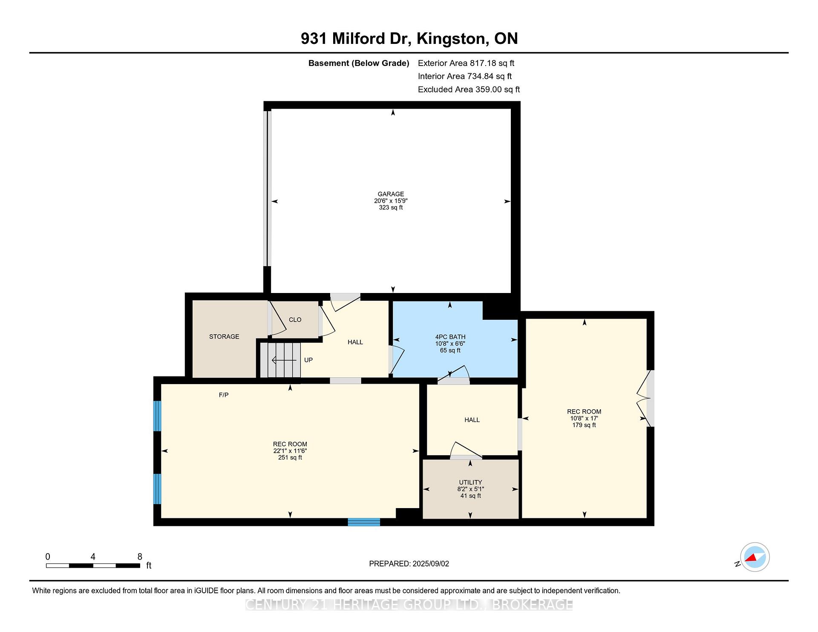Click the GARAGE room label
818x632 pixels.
391,194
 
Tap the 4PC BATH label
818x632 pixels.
450,337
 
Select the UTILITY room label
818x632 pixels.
470,483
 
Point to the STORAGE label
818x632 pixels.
224,336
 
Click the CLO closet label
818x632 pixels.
295,319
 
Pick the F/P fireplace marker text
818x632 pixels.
224,395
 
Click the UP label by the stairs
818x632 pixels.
308,360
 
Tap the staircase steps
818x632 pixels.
281,360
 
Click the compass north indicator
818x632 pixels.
755,557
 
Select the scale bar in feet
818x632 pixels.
93,566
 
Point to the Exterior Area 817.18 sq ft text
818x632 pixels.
466,63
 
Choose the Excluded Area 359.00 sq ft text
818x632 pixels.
469,89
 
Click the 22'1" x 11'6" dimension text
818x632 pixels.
290,451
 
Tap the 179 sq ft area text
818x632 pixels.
584,425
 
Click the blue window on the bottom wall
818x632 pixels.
364,522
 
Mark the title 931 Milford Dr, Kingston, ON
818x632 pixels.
409,39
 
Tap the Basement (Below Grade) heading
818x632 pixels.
359,63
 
